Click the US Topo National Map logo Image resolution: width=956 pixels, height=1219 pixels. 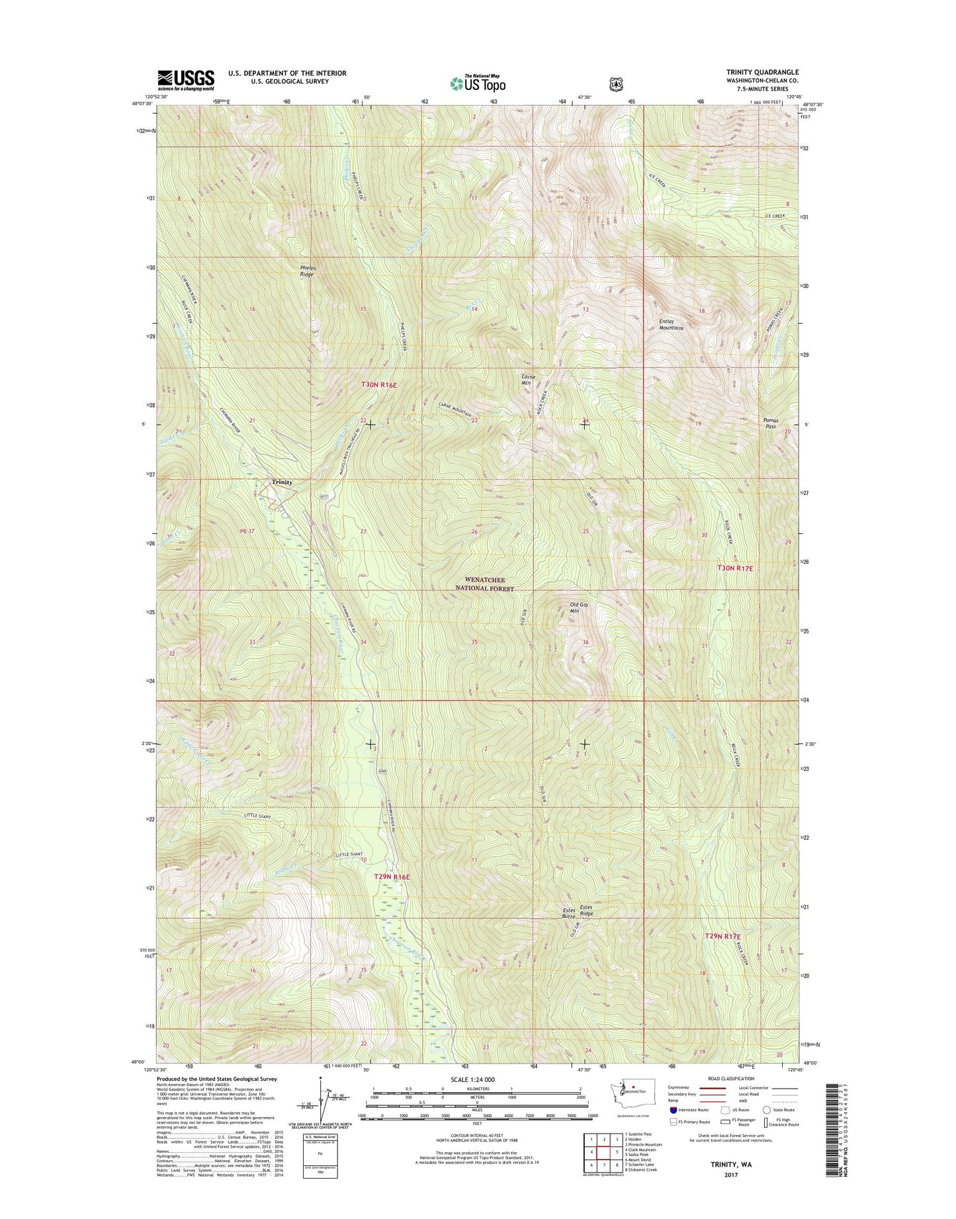pyautogui.click(x=478, y=83)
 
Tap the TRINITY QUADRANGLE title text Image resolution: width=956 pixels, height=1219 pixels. pyautogui.click(x=753, y=72)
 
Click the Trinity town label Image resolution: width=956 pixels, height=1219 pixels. pyautogui.click(x=281, y=482)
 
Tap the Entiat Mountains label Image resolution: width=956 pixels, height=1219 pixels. pyautogui.click(x=671, y=325)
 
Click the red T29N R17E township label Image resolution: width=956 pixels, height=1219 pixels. pyautogui.click(x=722, y=936)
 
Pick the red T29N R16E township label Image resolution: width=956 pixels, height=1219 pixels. pyautogui.click(x=392, y=877)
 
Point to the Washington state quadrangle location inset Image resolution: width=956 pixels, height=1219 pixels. pyautogui.click(x=631, y=1110)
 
